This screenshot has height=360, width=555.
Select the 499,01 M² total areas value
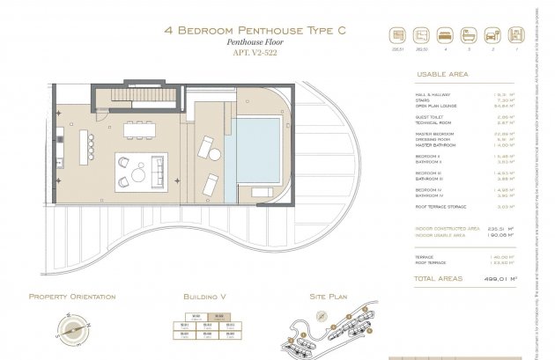(x=499, y=279)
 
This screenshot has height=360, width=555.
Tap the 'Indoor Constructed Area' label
(x=447, y=228)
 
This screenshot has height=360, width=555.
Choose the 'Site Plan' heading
(x=329, y=297)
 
